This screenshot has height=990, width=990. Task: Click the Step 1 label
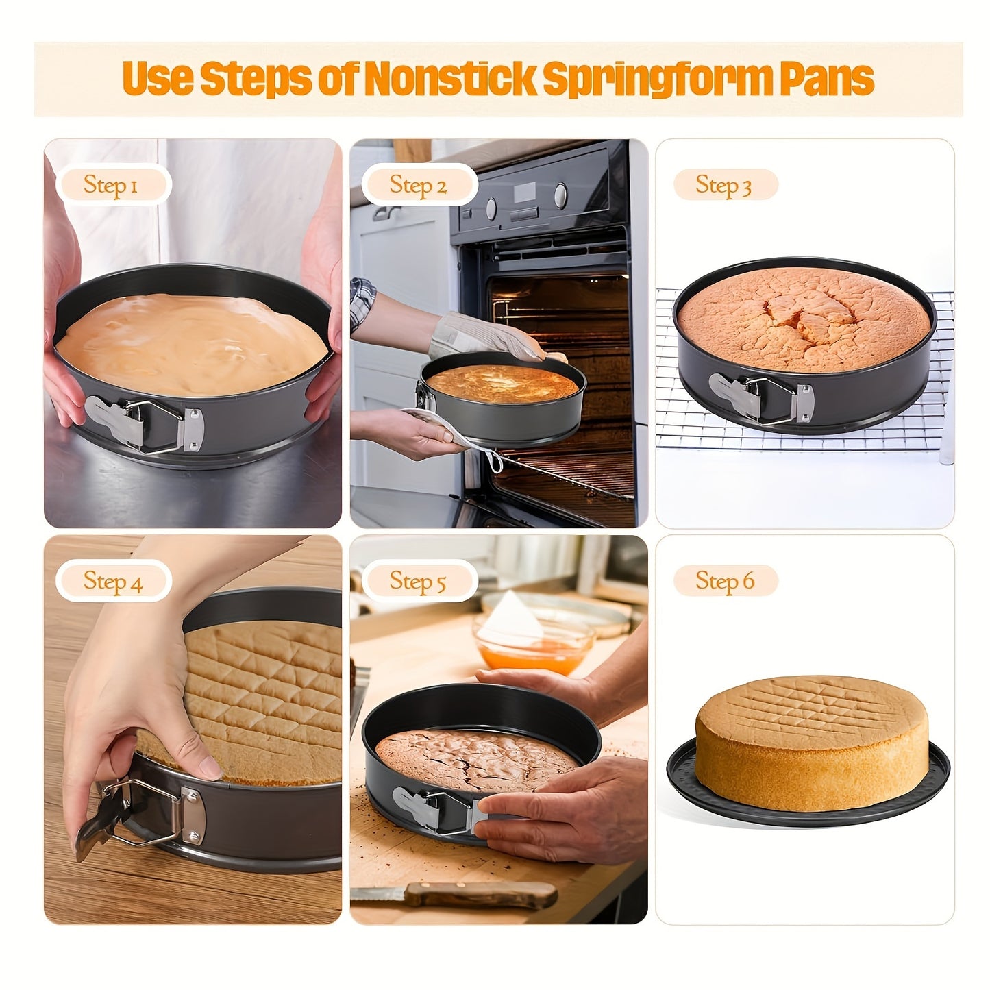[112, 185]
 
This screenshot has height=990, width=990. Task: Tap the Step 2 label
[418, 185]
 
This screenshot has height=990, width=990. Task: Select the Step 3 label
[724, 185]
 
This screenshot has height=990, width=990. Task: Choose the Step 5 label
[418, 581]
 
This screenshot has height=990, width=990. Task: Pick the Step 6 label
[725, 581]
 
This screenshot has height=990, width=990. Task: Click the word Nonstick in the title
[449, 78]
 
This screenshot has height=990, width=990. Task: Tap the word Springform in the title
[657, 78]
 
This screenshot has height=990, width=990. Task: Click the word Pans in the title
[826, 78]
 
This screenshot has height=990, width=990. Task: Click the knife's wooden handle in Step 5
[480, 893]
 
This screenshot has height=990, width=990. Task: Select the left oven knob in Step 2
[491, 207]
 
